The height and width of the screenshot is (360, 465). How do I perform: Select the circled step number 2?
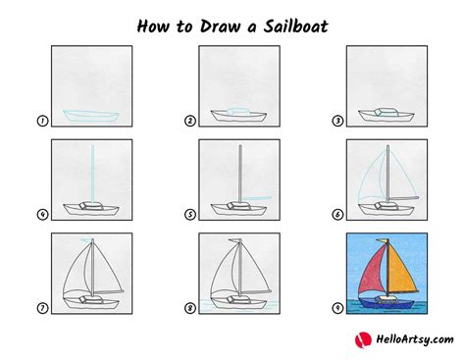190,122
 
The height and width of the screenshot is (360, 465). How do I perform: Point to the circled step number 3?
337,122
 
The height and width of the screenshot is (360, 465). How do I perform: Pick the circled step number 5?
190,215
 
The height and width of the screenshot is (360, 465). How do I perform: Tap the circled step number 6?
337,215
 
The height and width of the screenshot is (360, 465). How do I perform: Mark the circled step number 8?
190,308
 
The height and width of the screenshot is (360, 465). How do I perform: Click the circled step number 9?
337,308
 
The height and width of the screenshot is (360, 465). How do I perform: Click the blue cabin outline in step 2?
238,109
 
